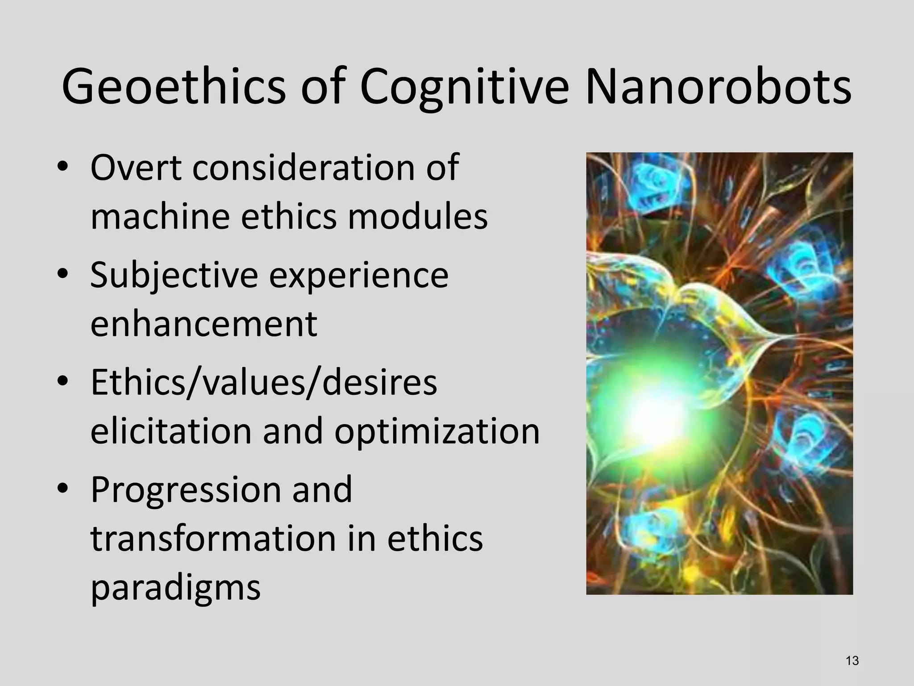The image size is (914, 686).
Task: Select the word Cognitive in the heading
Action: tap(464, 87)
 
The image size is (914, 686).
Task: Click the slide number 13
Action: tap(852, 661)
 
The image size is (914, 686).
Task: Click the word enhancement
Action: tap(204, 324)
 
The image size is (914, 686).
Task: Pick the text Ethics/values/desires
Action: tap(263, 383)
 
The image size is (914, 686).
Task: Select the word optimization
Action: tap(437, 432)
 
